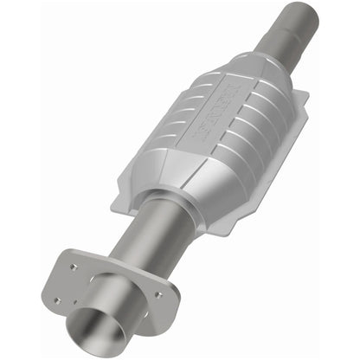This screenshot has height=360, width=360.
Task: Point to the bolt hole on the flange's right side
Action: (159, 293)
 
